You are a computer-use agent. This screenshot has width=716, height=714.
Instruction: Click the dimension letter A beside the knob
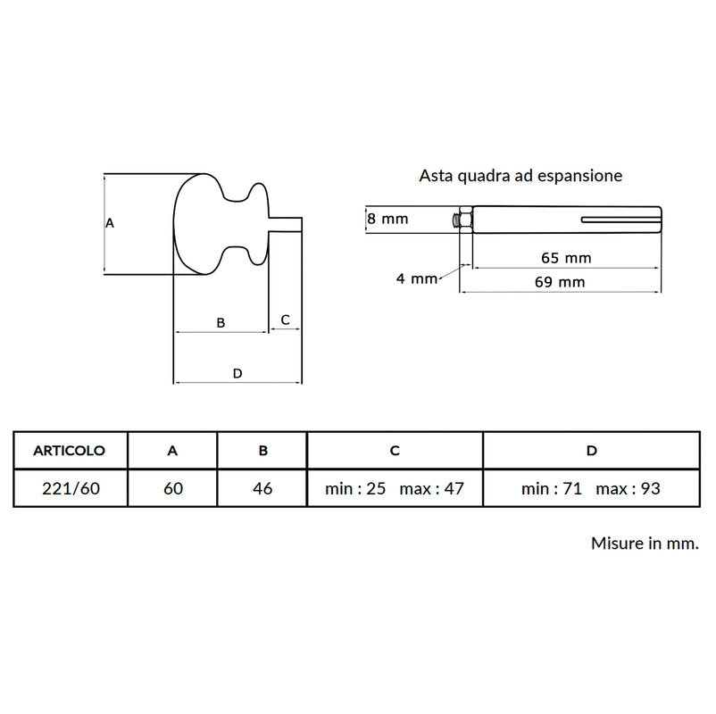(x=110, y=223)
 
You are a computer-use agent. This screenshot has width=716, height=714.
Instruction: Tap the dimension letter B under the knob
(x=221, y=323)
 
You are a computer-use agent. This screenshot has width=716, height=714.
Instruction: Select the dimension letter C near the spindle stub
(x=286, y=320)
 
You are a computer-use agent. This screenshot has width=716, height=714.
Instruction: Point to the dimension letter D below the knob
(x=237, y=373)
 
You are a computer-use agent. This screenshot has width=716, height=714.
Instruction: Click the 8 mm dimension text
(x=387, y=219)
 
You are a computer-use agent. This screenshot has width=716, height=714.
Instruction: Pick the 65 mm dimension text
(x=566, y=258)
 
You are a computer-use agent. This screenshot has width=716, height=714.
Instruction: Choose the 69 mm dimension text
(x=560, y=282)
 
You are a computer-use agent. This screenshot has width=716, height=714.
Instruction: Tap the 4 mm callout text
(x=417, y=278)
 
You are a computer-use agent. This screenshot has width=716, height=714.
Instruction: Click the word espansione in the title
(x=579, y=176)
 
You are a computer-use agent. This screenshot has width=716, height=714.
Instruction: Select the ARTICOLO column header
(x=70, y=451)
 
